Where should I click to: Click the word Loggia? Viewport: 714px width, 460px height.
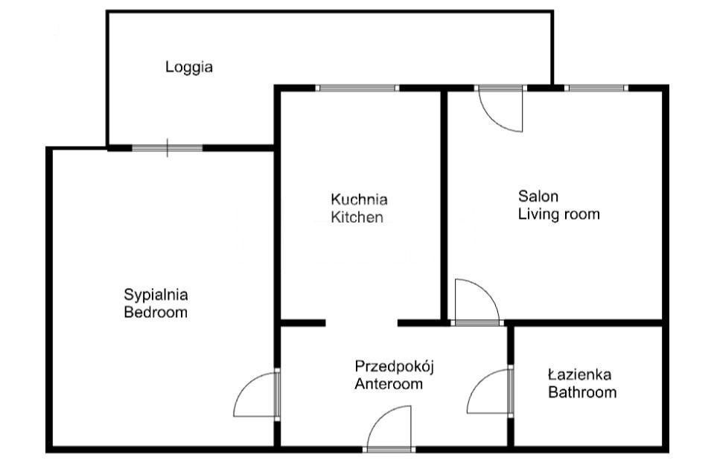tap(189, 68)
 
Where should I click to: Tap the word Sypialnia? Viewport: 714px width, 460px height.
tap(156, 295)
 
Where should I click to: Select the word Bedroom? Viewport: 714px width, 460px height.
tap(156, 313)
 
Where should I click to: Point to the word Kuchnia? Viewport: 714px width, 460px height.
tap(359, 199)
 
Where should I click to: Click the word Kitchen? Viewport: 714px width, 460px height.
tap(357, 217)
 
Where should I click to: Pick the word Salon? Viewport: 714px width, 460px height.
tap(538, 197)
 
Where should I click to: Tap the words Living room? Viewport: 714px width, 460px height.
tap(558, 214)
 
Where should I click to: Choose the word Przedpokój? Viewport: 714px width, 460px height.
tap(395, 367)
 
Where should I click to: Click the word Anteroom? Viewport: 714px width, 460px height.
tap(389, 384)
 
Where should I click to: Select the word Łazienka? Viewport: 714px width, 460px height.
tap(580, 375)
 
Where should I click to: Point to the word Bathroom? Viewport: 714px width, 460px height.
tap(582, 392)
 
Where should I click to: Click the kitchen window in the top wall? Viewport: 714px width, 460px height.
tap(357, 88)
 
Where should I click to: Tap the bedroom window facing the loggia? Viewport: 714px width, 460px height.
tap(167, 147)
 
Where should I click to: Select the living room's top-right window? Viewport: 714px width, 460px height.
tap(596, 88)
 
